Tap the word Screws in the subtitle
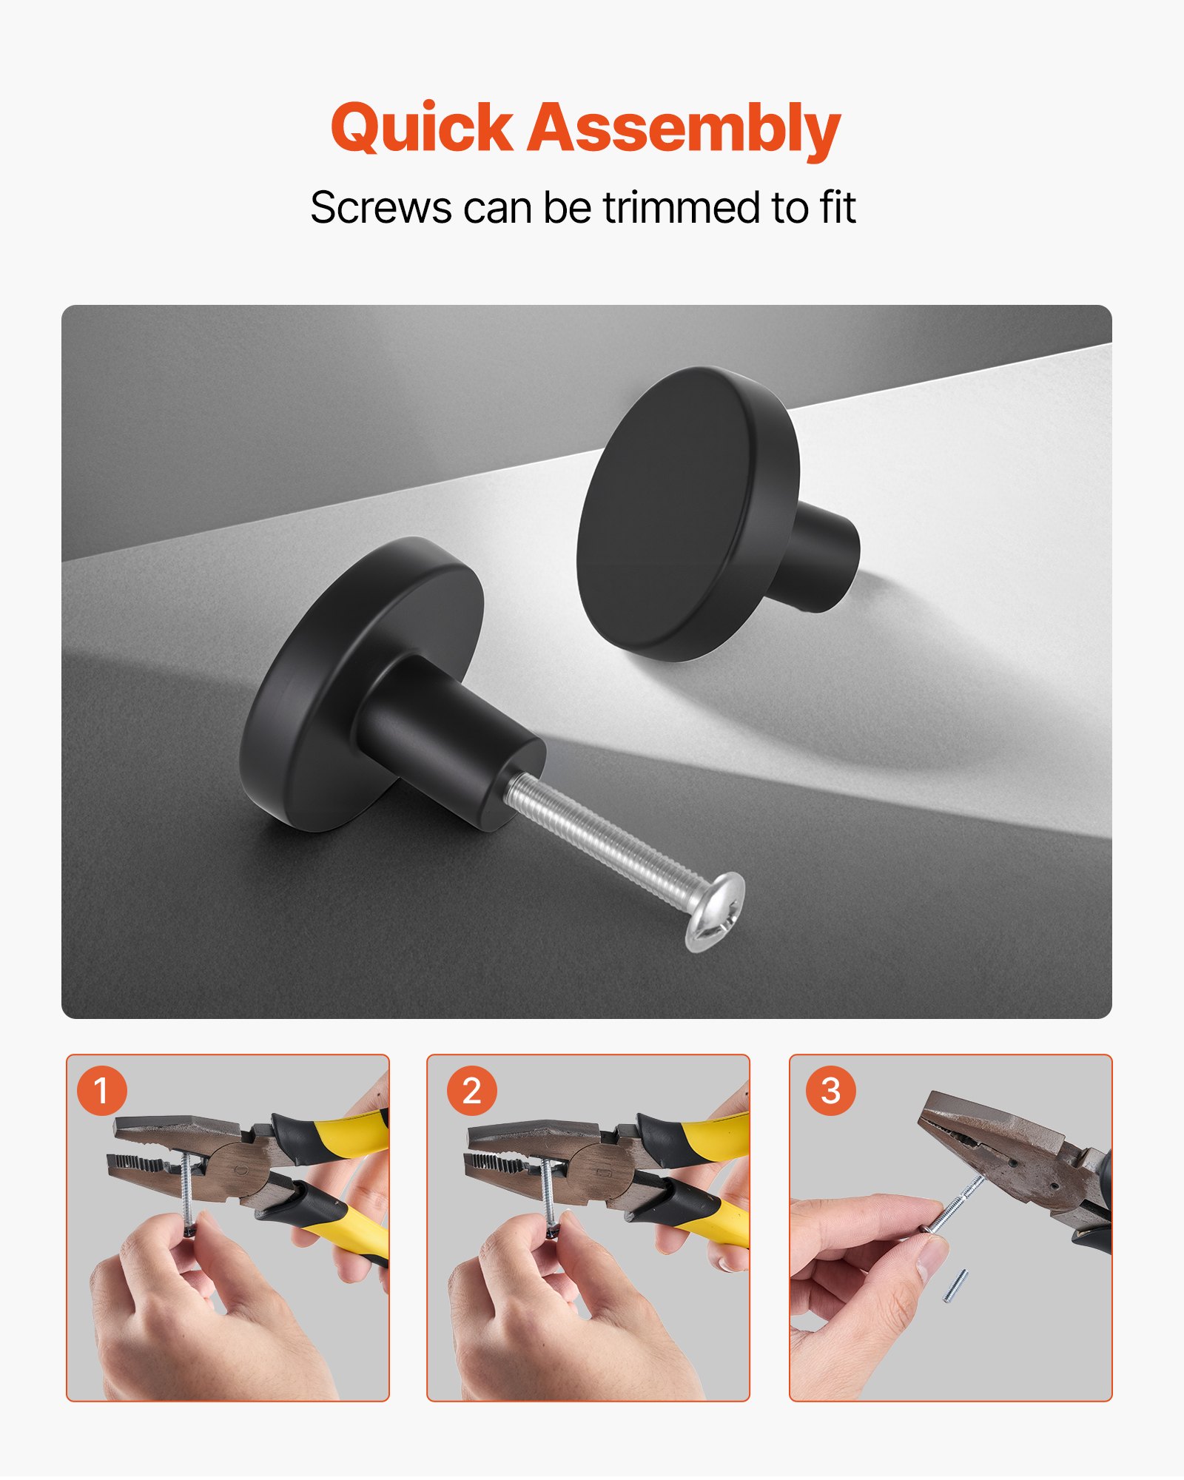(380, 208)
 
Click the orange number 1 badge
(102, 1091)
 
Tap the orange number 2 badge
(471, 1091)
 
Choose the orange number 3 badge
(830, 1091)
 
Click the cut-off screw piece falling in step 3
(955, 1285)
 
